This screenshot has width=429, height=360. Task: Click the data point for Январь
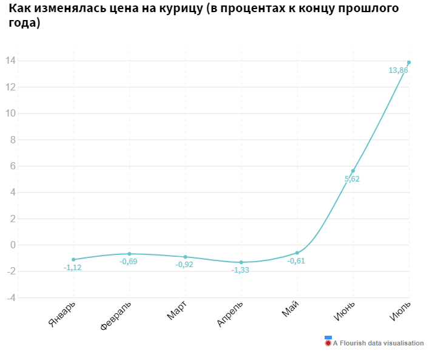click(73, 259)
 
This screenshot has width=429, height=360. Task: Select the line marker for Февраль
click(129, 254)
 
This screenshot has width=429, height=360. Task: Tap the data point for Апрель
click(242, 262)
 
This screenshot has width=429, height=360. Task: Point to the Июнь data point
click(353, 171)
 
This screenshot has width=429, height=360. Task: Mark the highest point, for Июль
click(409, 63)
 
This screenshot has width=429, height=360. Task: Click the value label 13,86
click(398, 70)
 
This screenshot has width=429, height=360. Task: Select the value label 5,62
click(352, 179)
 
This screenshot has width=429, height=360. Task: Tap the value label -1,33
click(240, 270)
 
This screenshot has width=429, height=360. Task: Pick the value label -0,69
click(129, 262)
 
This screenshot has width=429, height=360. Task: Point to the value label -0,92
click(184, 265)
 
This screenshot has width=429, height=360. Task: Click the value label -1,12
click(73, 268)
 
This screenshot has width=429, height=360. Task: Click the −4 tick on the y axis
click(10, 297)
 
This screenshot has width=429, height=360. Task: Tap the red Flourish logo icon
click(328, 343)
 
